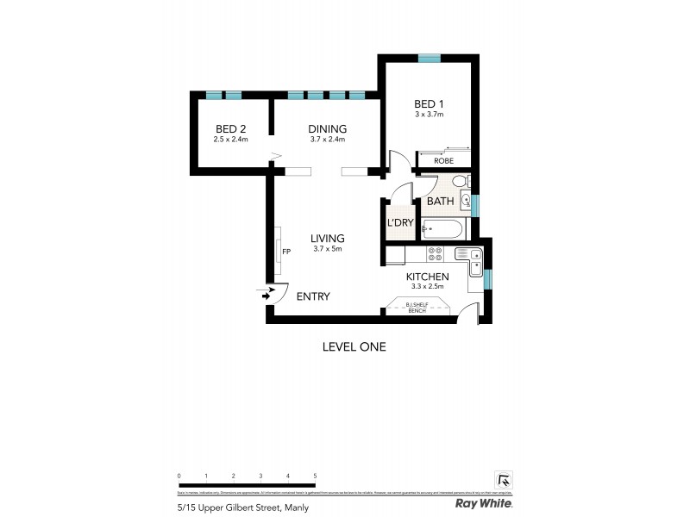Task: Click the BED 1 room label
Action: [429, 104]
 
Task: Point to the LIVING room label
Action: [328, 239]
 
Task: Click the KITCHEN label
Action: [427, 277]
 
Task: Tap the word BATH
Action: [440, 202]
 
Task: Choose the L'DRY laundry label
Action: [400, 223]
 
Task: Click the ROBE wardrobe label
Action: [443, 160]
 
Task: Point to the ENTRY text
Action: [313, 296]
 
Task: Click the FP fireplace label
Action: [288, 252]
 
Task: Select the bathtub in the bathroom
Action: [442, 229]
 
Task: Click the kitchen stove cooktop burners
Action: [435, 253]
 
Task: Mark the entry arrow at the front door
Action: [266, 294]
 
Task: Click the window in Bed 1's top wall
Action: [429, 58]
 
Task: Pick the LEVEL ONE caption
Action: [354, 347]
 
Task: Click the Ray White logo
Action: [484, 502]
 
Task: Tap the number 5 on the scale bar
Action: [316, 476]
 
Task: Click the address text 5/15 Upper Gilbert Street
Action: [243, 508]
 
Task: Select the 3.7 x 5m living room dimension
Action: [327, 249]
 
